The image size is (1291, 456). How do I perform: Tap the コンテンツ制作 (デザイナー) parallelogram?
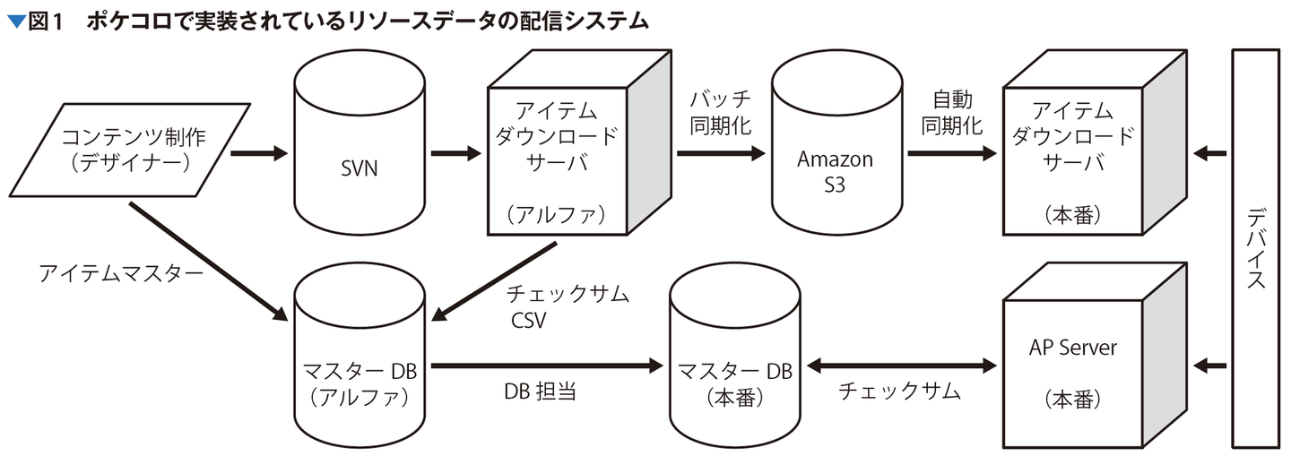click(x=133, y=151)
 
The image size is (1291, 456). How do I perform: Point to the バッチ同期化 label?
click(x=720, y=111)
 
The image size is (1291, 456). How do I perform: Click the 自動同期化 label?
click(x=952, y=111)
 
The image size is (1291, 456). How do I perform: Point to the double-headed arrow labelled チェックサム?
click(x=902, y=366)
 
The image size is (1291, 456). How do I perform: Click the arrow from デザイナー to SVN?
click(x=257, y=154)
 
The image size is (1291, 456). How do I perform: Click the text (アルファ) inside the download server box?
click(x=556, y=215)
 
